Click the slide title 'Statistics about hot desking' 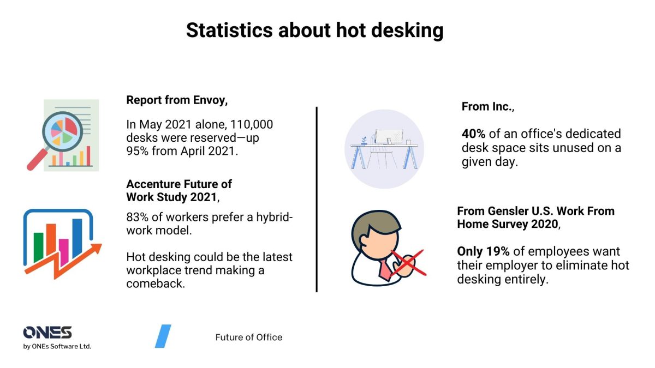(x=314, y=30)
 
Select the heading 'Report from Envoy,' (x=177, y=100)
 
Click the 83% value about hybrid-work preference (x=138, y=217)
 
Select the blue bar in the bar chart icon (x=78, y=237)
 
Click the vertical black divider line (x=317, y=199)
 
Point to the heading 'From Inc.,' (x=488, y=107)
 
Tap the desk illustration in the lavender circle (x=384, y=149)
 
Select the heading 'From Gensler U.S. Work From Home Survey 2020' (x=535, y=218)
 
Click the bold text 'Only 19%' (x=483, y=251)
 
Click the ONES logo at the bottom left (x=47, y=333)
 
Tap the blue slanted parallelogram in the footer (x=163, y=336)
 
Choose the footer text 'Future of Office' (x=249, y=337)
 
